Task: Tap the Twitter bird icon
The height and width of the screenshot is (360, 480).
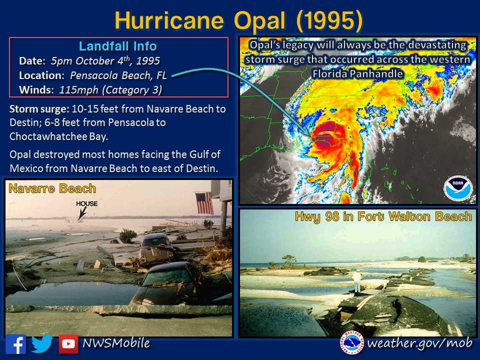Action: tap(42, 344)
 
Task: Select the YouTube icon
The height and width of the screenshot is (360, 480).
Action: tap(68, 344)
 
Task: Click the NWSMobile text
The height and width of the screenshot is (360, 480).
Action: tap(116, 343)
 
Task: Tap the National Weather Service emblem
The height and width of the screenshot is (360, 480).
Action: tap(352, 343)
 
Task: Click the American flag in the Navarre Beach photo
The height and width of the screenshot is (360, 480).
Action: tap(204, 203)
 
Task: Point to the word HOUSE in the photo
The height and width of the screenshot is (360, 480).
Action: tap(87, 204)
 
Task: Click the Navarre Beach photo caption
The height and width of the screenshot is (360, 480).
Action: tap(52, 189)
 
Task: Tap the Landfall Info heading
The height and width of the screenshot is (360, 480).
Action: tap(118, 47)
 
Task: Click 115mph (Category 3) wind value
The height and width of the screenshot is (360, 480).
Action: tap(110, 90)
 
